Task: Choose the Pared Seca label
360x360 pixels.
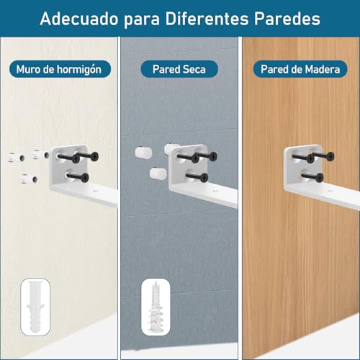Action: click(180, 69)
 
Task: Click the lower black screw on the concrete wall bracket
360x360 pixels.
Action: click(82, 175)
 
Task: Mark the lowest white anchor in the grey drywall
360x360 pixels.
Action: click(154, 173)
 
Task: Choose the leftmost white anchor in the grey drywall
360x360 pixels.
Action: click(140, 153)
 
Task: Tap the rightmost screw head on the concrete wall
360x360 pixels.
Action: click(96, 157)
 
